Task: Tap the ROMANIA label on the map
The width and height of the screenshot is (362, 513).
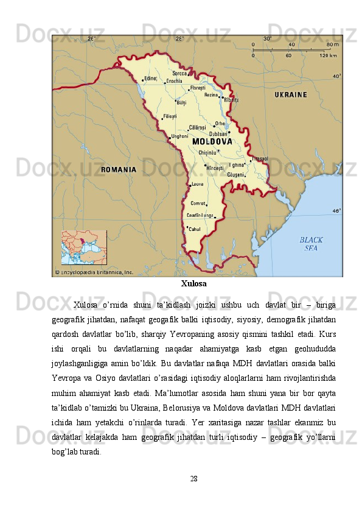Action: [x=118, y=169]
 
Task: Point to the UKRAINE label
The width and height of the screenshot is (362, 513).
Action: [x=291, y=95]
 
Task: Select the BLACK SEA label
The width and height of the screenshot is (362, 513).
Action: [x=311, y=244]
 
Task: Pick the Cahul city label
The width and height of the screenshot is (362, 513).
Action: [x=195, y=229]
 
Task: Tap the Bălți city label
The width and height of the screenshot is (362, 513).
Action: [x=181, y=103]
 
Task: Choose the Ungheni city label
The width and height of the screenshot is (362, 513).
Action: [x=180, y=136]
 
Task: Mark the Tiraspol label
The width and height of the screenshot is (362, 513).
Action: [x=260, y=158]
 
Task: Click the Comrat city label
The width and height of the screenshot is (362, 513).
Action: [x=198, y=203]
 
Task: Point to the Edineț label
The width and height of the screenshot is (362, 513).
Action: [x=150, y=79]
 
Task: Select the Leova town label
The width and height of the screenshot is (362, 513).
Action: [x=197, y=183]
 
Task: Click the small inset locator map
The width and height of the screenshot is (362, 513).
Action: [x=83, y=248]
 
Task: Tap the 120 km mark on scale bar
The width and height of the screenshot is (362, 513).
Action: [x=328, y=55]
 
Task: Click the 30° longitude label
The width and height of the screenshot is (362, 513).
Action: [x=267, y=38]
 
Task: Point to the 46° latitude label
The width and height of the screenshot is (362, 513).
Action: [x=336, y=211]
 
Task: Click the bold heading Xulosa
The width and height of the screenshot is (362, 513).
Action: [x=193, y=284]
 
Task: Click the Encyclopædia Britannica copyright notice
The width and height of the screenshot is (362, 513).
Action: [x=94, y=272]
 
